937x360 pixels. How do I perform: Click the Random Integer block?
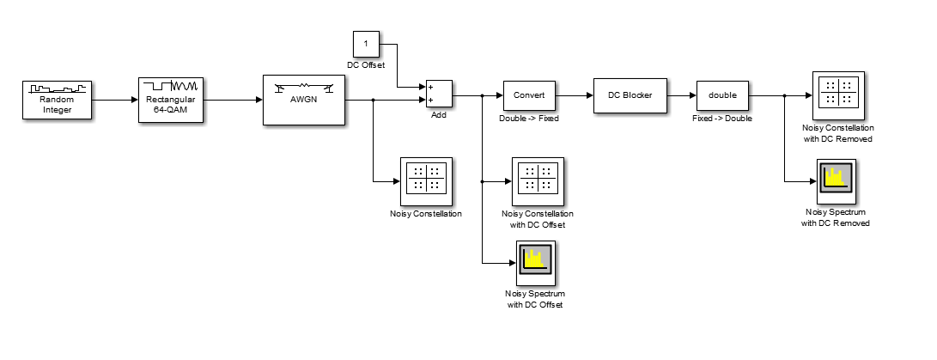[57, 100]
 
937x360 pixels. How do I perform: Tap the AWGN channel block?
[303, 100]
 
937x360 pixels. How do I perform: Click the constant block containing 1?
[366, 43]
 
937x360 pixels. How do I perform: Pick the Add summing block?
[439, 93]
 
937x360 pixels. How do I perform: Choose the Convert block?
[529, 94]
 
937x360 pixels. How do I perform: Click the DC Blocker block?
[630, 94]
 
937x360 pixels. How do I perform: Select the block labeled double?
[722, 94]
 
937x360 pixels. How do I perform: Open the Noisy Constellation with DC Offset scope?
[538, 181]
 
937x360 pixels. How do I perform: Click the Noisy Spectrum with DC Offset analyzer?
[536, 264]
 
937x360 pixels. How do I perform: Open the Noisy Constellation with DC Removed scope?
[837, 94]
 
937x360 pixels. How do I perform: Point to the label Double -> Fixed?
[529, 118]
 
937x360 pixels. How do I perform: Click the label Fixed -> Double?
[722, 118]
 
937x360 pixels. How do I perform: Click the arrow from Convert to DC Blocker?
[575, 94]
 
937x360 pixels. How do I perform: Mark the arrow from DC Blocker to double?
[681, 94]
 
